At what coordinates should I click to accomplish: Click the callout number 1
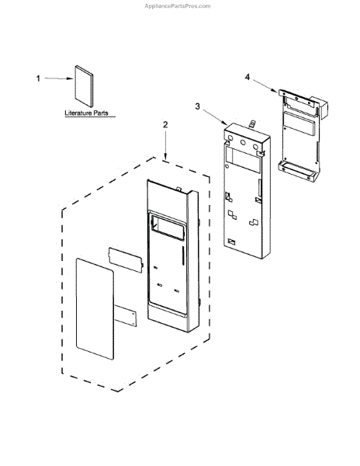pos(38,78)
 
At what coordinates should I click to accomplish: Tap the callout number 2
pos(165,124)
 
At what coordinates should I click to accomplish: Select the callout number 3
pos(198,106)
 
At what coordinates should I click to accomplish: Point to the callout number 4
pos(247,77)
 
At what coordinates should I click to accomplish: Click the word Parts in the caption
pos(101,113)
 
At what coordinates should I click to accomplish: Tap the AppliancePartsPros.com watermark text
pos(178,6)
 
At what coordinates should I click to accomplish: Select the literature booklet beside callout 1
pos(84,86)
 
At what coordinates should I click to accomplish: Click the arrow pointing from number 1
pos(59,78)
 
